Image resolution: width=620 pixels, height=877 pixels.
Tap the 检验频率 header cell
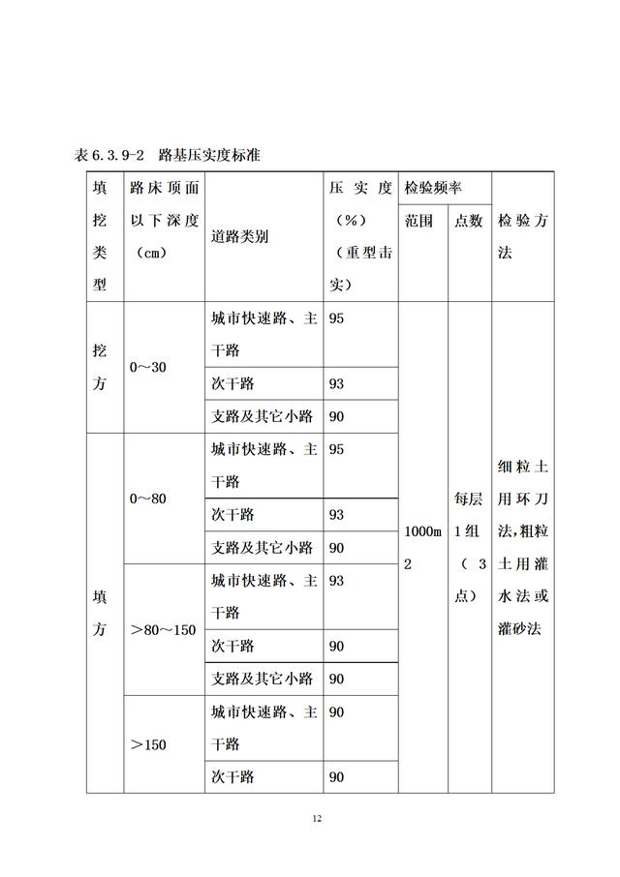(x=433, y=187)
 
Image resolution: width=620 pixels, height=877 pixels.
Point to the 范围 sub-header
(x=419, y=221)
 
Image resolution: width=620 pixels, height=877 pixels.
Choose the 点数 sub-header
(x=469, y=221)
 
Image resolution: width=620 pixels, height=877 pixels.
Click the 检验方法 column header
(x=522, y=236)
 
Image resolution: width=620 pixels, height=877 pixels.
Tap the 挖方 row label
(x=100, y=367)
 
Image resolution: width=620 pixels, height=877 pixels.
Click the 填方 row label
(x=100, y=613)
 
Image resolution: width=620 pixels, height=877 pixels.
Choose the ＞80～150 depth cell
(x=163, y=630)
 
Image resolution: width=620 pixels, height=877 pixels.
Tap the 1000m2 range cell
(x=421, y=547)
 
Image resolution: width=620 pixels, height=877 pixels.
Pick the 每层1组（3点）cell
(x=469, y=547)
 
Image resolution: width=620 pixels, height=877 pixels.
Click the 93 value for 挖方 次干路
(x=337, y=383)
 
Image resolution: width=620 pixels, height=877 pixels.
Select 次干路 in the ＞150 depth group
(x=232, y=777)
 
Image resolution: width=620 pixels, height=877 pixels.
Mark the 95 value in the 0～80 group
(x=337, y=449)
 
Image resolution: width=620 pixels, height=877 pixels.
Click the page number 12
(x=317, y=819)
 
